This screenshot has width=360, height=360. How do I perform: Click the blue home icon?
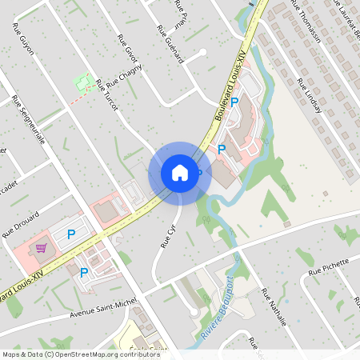tap(179, 172)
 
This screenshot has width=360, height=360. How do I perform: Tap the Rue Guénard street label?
tap(170, 46)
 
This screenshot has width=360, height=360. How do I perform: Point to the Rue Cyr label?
tap(168, 235)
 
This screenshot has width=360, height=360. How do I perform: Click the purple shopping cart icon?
tap(40, 248)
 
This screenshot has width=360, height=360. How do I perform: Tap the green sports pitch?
tap(81, 82)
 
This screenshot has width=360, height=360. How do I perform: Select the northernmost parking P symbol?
tap(235, 102)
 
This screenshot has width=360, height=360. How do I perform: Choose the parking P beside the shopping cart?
tap(71, 234)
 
